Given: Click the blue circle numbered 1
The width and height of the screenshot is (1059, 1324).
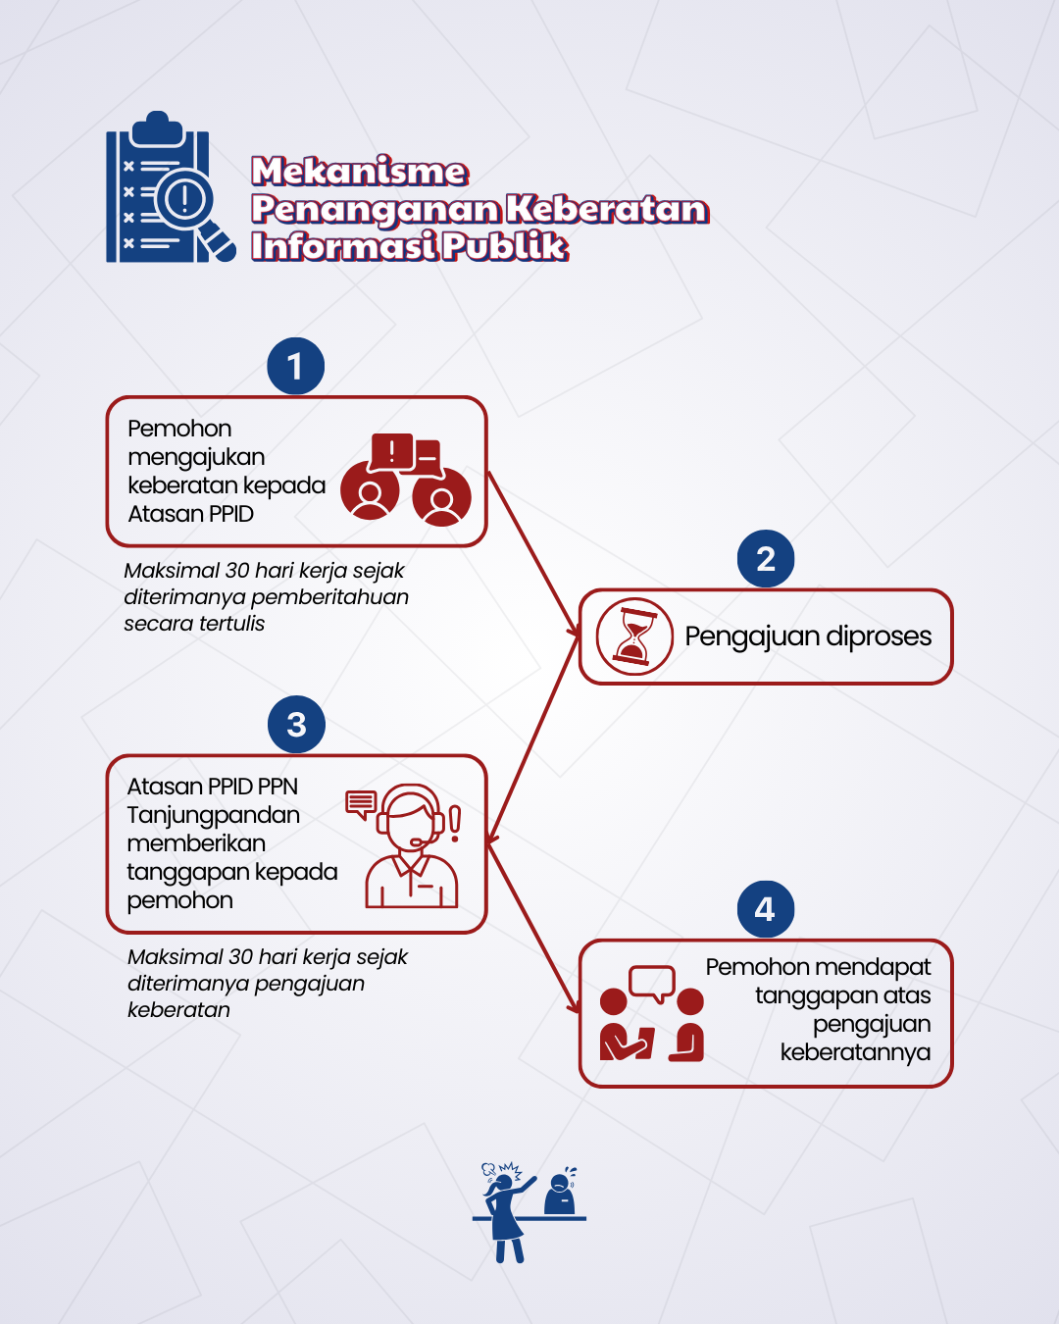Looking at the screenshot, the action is point(295,366).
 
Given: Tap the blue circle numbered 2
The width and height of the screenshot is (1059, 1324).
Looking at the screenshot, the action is point(766,559).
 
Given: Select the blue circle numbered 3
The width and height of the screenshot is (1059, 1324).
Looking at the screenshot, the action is point(296,724).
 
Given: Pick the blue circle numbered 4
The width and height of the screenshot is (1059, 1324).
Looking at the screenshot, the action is point(766,909).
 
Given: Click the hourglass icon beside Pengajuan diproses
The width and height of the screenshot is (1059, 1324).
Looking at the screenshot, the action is point(634,637).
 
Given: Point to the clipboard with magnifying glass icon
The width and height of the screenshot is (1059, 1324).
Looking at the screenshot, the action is point(171,187).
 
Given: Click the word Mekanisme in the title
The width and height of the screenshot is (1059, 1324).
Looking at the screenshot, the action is point(360,171).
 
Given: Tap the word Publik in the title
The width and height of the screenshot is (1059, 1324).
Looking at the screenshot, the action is point(505,246).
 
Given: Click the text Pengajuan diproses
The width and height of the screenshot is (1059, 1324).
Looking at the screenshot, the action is point(808,637).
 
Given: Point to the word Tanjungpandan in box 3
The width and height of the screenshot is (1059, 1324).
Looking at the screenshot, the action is point(214,815).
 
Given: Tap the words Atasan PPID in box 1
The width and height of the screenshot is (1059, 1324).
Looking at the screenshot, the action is point(191,514).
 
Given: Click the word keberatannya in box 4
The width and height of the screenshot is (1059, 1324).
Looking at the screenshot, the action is point(855,1052).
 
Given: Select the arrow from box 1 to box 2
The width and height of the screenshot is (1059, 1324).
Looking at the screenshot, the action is point(533,553).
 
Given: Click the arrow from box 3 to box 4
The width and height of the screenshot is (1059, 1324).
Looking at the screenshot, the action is point(533,928).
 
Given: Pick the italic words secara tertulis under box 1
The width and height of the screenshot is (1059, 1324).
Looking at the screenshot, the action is point(194,624).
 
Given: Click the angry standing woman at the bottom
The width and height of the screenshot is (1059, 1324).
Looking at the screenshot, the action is point(506,1212).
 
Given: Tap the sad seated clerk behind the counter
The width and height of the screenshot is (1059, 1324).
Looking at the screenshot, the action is point(559,1192).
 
